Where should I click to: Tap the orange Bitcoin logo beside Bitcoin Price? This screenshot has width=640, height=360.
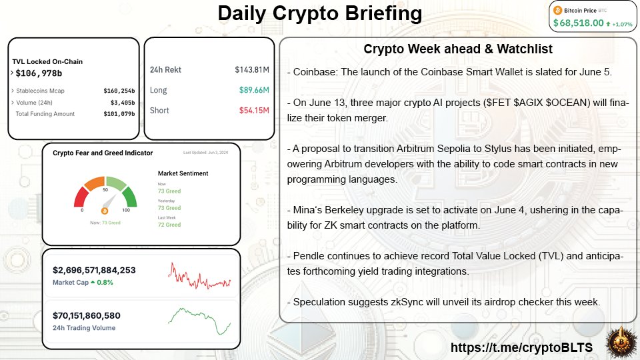558,10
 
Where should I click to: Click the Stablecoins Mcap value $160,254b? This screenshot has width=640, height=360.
119,91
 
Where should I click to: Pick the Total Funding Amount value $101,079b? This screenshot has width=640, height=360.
119,114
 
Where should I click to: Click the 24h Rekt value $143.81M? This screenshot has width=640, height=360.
251,69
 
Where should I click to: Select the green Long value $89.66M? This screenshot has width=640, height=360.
254,90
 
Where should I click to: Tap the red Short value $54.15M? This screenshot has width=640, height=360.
254,110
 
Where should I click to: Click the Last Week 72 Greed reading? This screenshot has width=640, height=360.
169,225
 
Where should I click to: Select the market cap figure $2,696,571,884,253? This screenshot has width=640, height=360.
94,270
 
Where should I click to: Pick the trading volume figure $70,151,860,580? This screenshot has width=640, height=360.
86,315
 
